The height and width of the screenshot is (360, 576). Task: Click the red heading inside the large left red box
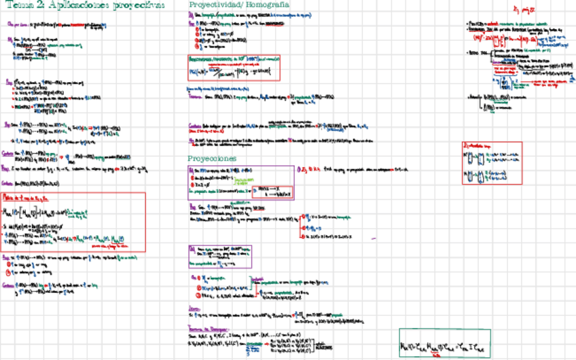coord(28,197)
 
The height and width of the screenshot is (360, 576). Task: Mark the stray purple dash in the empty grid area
coord(374,238)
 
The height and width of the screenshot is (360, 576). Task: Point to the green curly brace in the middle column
coord(252,283)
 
